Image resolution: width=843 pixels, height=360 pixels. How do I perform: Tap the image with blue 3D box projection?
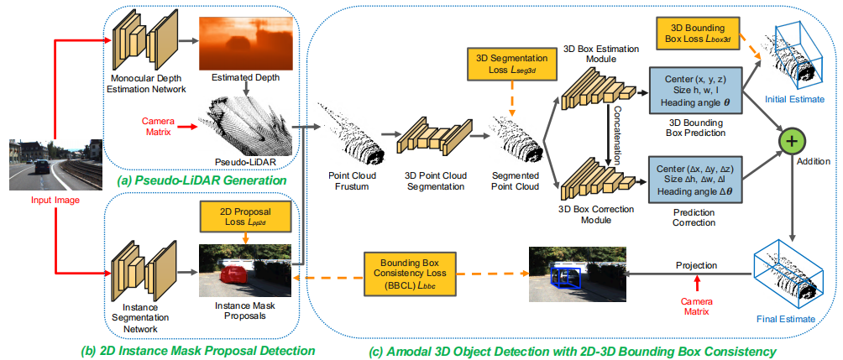click(577, 274)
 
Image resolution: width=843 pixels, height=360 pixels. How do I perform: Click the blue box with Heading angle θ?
click(696, 86)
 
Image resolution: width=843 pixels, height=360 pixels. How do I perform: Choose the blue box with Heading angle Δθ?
click(696, 176)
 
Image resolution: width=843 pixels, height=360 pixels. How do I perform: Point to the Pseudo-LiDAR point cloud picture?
click(246, 126)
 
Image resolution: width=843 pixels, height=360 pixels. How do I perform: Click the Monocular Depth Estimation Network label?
click(146, 84)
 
